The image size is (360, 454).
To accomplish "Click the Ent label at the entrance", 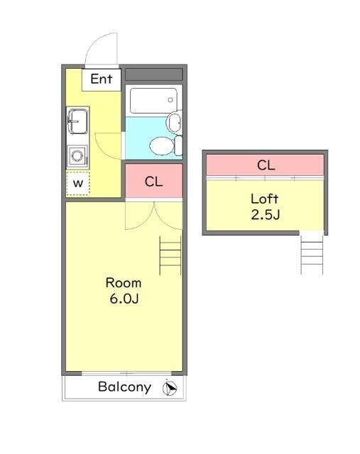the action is (101, 79).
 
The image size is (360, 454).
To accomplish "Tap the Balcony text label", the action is (125, 387).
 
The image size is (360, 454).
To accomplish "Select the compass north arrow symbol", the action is (170, 388).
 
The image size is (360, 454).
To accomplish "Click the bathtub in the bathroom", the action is (153, 101).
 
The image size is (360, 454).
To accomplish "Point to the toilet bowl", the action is (161, 146).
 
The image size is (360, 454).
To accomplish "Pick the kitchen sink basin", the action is (77, 121).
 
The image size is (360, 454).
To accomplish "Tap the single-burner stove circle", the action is (77, 155).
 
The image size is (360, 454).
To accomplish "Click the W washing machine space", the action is (78, 183).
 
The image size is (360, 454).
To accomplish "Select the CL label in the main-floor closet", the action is (153, 182).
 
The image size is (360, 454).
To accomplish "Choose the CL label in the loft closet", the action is (266, 165).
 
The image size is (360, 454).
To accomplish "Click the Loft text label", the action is (264, 199).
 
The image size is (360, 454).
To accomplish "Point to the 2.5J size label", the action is (266, 215).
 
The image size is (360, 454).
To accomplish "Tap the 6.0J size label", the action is (124, 299).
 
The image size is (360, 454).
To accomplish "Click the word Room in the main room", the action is (124, 283).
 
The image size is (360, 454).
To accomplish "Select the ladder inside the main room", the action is (170, 255).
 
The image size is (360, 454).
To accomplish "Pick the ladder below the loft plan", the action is (312, 254).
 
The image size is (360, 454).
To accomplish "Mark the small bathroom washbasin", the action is (175, 122).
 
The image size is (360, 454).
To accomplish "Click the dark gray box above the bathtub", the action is (153, 74).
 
